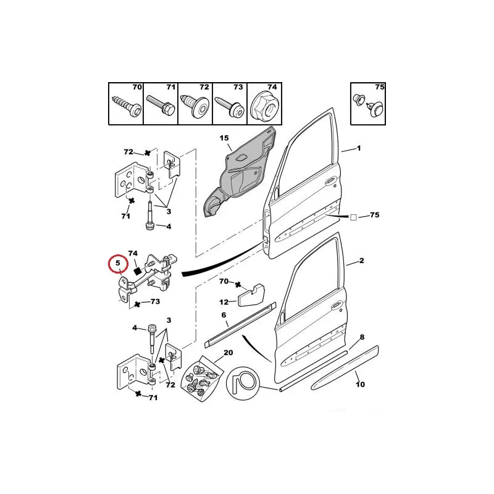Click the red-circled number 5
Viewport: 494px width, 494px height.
tap(118, 263)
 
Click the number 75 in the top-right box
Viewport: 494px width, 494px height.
tap(379, 87)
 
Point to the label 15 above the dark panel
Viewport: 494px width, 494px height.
tap(224, 138)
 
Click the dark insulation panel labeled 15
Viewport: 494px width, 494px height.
tap(240, 170)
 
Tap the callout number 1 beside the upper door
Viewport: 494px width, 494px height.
tap(359, 148)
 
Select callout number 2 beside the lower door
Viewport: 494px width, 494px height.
tap(361, 261)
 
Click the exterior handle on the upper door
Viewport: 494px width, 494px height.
tap(330, 181)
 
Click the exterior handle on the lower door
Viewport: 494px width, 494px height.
tap(337, 304)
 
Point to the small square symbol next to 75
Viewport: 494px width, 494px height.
tap(353, 217)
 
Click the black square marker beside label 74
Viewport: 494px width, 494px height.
tap(136, 271)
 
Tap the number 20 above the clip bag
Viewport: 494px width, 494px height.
tap(228, 353)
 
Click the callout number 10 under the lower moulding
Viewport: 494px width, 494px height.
tap(360, 384)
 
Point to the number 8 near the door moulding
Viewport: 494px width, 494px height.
tap(362, 337)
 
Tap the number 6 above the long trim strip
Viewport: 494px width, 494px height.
tap(224, 315)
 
